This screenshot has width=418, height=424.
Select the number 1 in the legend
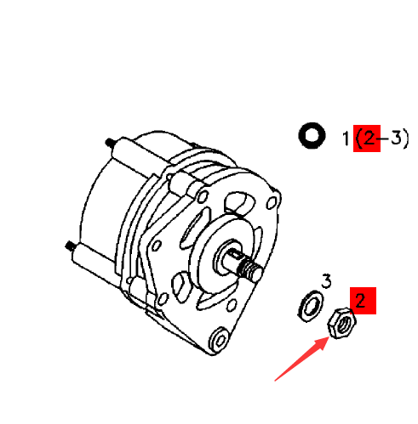[346, 137]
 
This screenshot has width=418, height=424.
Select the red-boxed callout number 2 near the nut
[361, 300]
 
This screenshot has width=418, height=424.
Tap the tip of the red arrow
[329, 339]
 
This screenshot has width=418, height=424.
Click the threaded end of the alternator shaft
[251, 270]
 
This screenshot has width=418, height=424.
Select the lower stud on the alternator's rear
[70, 247]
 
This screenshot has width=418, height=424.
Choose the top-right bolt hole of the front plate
[272, 204]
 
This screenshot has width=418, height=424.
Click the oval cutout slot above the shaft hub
[239, 205]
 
